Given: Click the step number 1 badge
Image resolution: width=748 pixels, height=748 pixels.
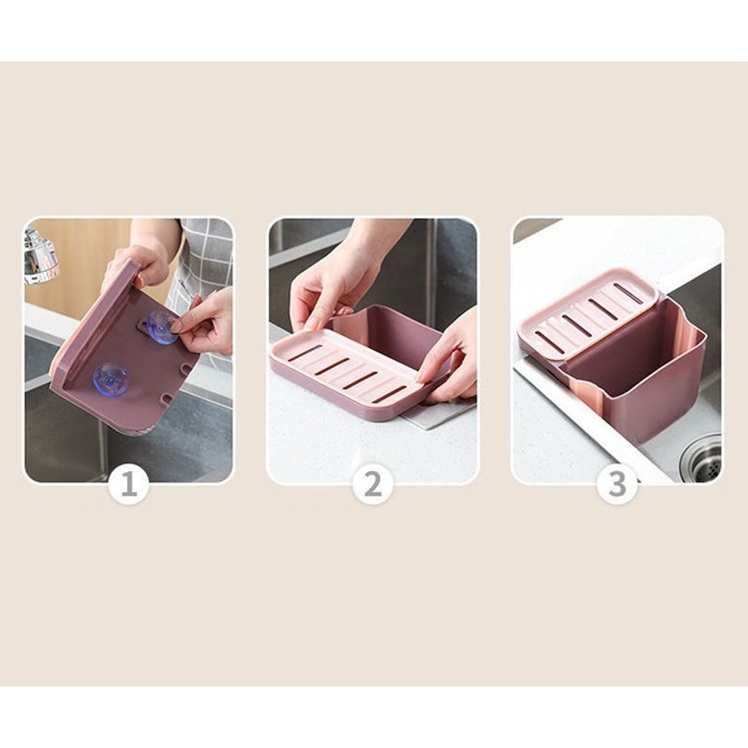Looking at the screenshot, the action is tap(129, 484).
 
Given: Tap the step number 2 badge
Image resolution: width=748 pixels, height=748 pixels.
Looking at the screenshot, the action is tap(373, 484).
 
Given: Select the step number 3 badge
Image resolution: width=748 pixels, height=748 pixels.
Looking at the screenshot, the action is tap(618, 484).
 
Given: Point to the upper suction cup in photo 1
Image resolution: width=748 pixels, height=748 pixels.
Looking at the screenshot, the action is tap(161, 327).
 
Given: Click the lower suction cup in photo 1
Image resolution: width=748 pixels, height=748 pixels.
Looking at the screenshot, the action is tap(111, 379).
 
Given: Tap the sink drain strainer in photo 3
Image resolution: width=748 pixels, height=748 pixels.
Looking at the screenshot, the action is tap(701, 460).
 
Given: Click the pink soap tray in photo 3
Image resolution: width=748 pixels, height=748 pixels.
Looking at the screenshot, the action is tap(588, 313).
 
